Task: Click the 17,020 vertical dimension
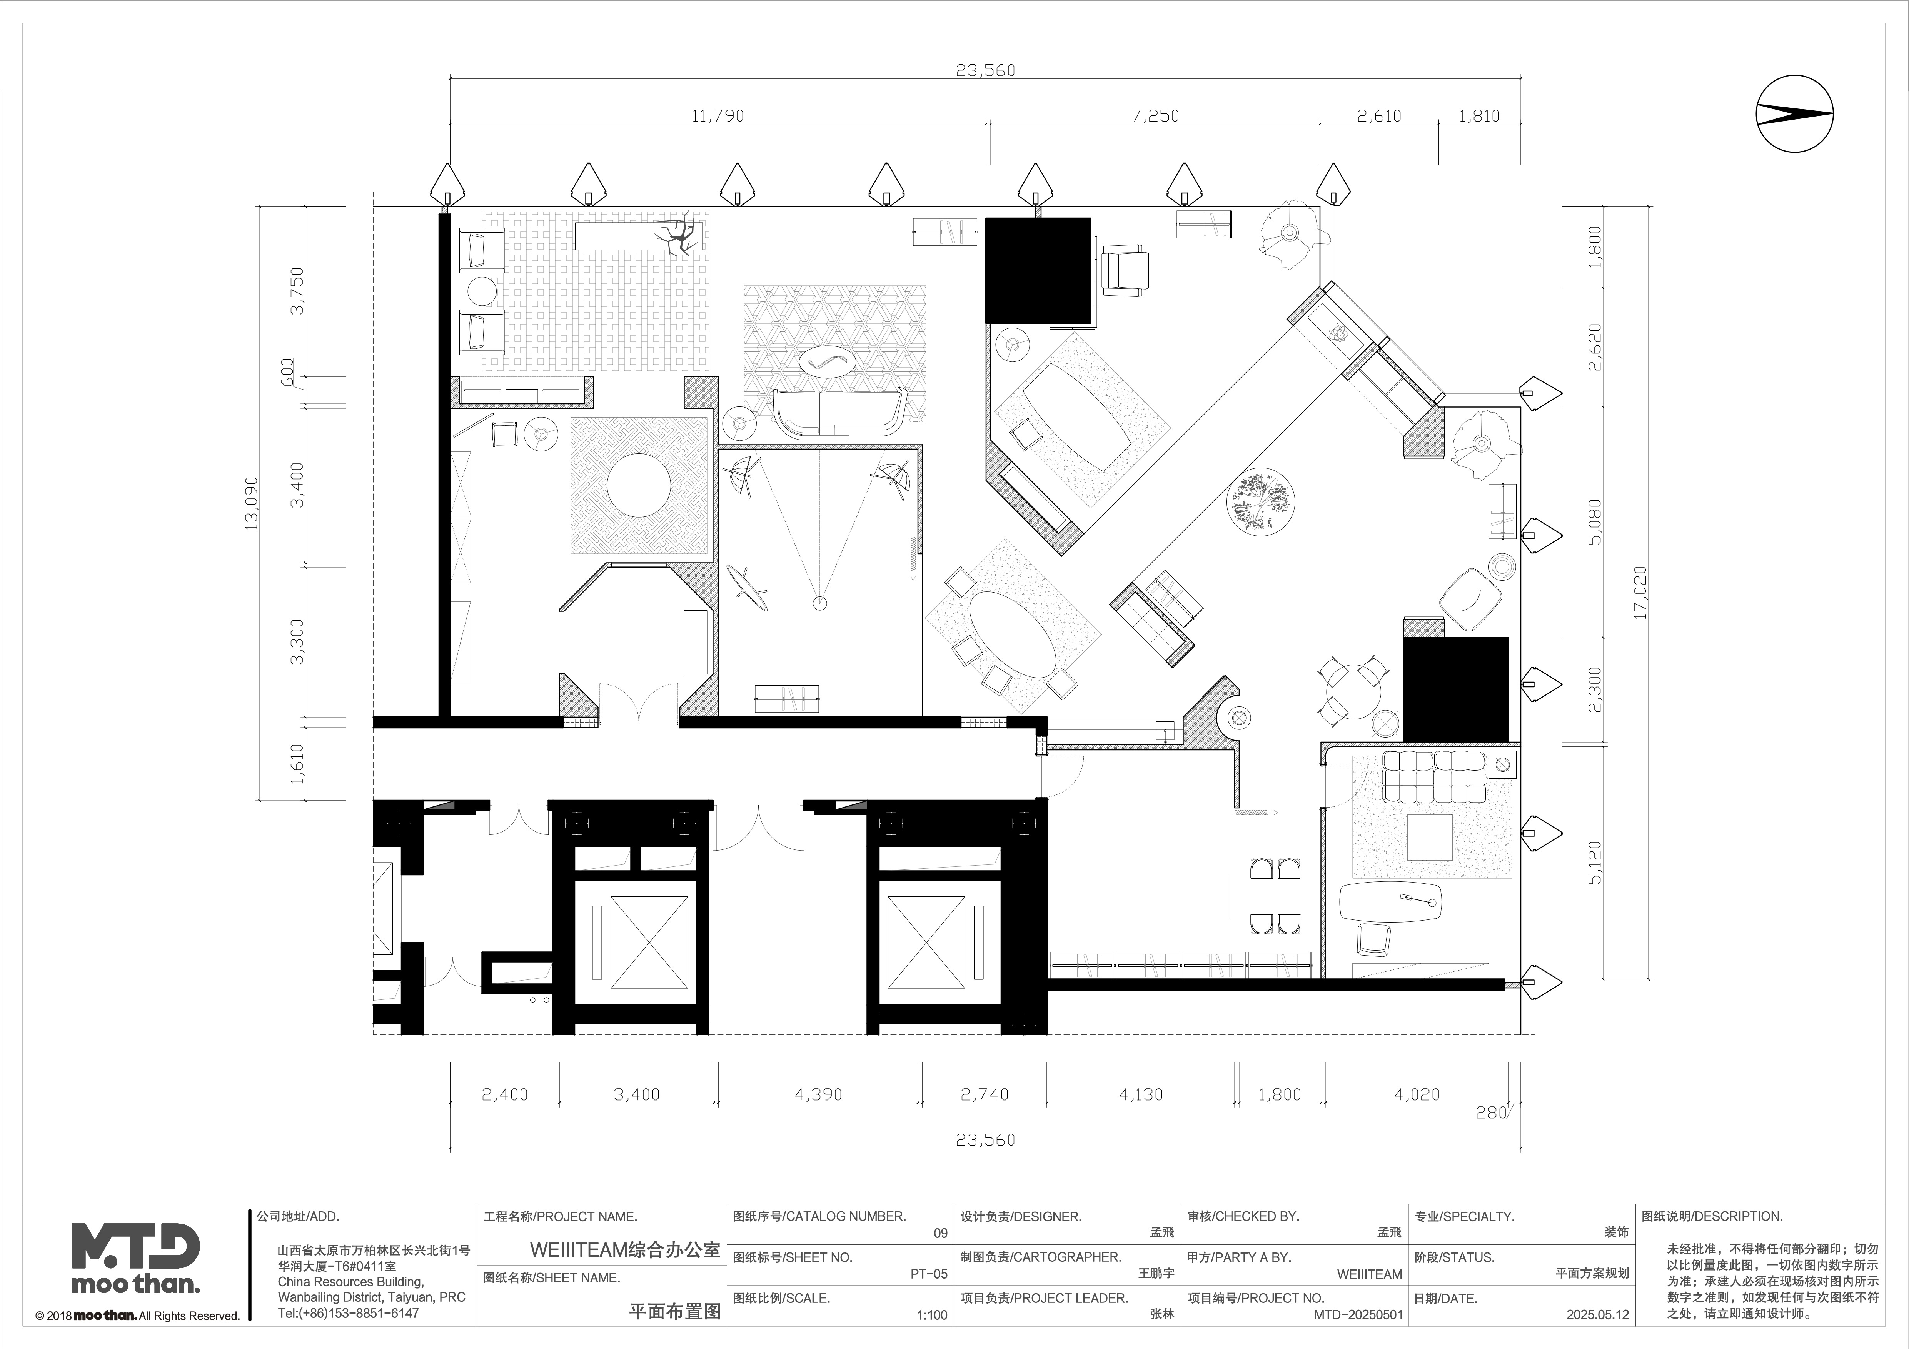pos(1639,592)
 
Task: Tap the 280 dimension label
pos(1491,1112)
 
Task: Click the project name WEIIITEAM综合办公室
pos(625,1250)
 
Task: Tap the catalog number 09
pos(940,1232)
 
